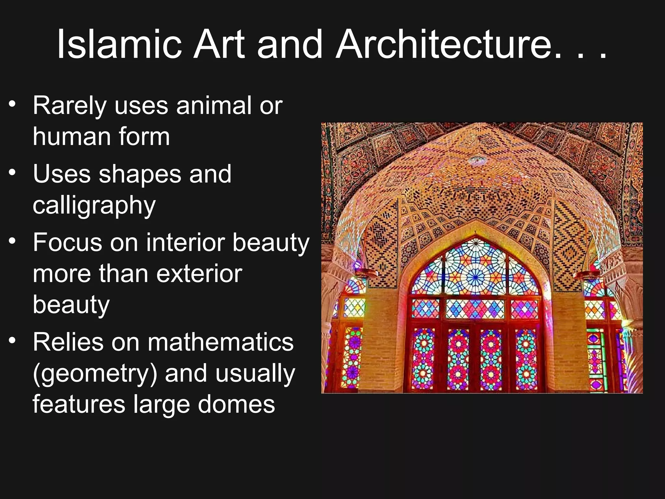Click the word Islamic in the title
click(119, 45)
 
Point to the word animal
click(214, 106)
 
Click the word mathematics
click(220, 342)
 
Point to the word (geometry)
click(95, 374)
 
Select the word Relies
click(68, 342)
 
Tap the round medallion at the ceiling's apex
click(477, 160)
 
